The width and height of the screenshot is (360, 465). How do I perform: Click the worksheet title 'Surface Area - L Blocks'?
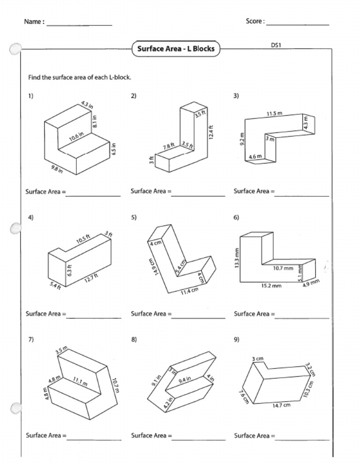[176, 49]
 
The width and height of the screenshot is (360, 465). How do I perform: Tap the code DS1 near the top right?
[276, 45]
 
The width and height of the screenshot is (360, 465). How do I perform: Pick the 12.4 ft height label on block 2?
[211, 133]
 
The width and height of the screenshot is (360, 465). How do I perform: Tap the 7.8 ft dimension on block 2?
[169, 147]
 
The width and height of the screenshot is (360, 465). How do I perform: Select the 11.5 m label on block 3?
[274, 114]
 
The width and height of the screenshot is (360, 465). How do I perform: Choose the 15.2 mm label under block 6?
[271, 286]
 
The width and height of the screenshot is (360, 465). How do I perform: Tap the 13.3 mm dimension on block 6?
[237, 258]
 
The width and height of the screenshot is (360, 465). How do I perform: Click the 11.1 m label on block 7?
[80, 383]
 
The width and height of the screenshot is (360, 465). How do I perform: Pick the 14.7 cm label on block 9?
[281, 405]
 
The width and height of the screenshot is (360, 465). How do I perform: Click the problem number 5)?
[134, 217]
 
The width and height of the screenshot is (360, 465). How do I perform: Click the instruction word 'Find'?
[34, 77]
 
